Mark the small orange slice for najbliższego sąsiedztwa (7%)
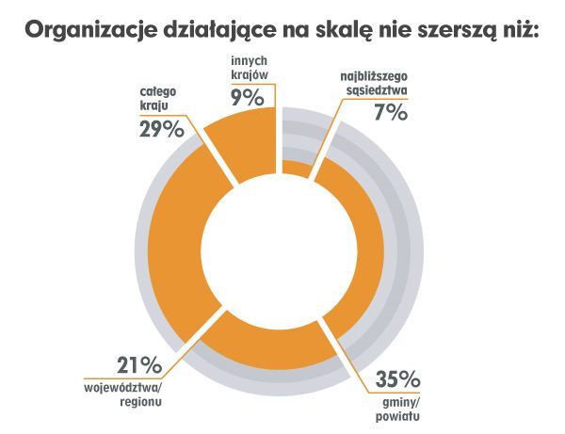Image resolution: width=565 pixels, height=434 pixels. (296, 168)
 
